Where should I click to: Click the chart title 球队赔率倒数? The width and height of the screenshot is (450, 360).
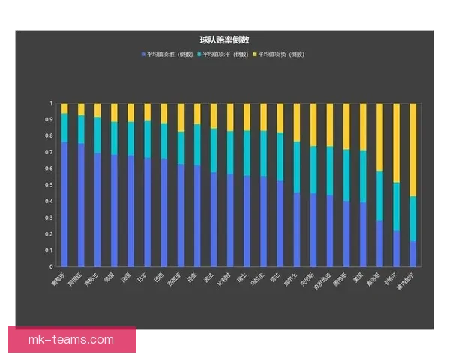tap(224, 39)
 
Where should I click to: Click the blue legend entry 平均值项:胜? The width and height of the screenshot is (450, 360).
tap(170, 55)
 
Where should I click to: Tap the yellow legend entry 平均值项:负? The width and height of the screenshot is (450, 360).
tap(280, 55)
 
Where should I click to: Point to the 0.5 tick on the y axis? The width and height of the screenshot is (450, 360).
tap(50, 185)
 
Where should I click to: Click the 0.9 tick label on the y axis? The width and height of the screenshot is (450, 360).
tap(50, 120)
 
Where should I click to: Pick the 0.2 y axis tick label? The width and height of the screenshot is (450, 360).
tap(50, 234)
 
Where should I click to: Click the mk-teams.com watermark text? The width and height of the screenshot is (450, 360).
tap(71, 340)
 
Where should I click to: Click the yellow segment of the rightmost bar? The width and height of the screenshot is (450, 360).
tap(413, 150)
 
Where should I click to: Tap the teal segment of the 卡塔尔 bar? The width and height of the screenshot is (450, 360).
tap(397, 207)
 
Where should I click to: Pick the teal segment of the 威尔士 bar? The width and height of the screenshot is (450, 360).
tap(297, 167)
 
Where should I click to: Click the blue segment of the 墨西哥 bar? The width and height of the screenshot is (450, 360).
tap(346, 233)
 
